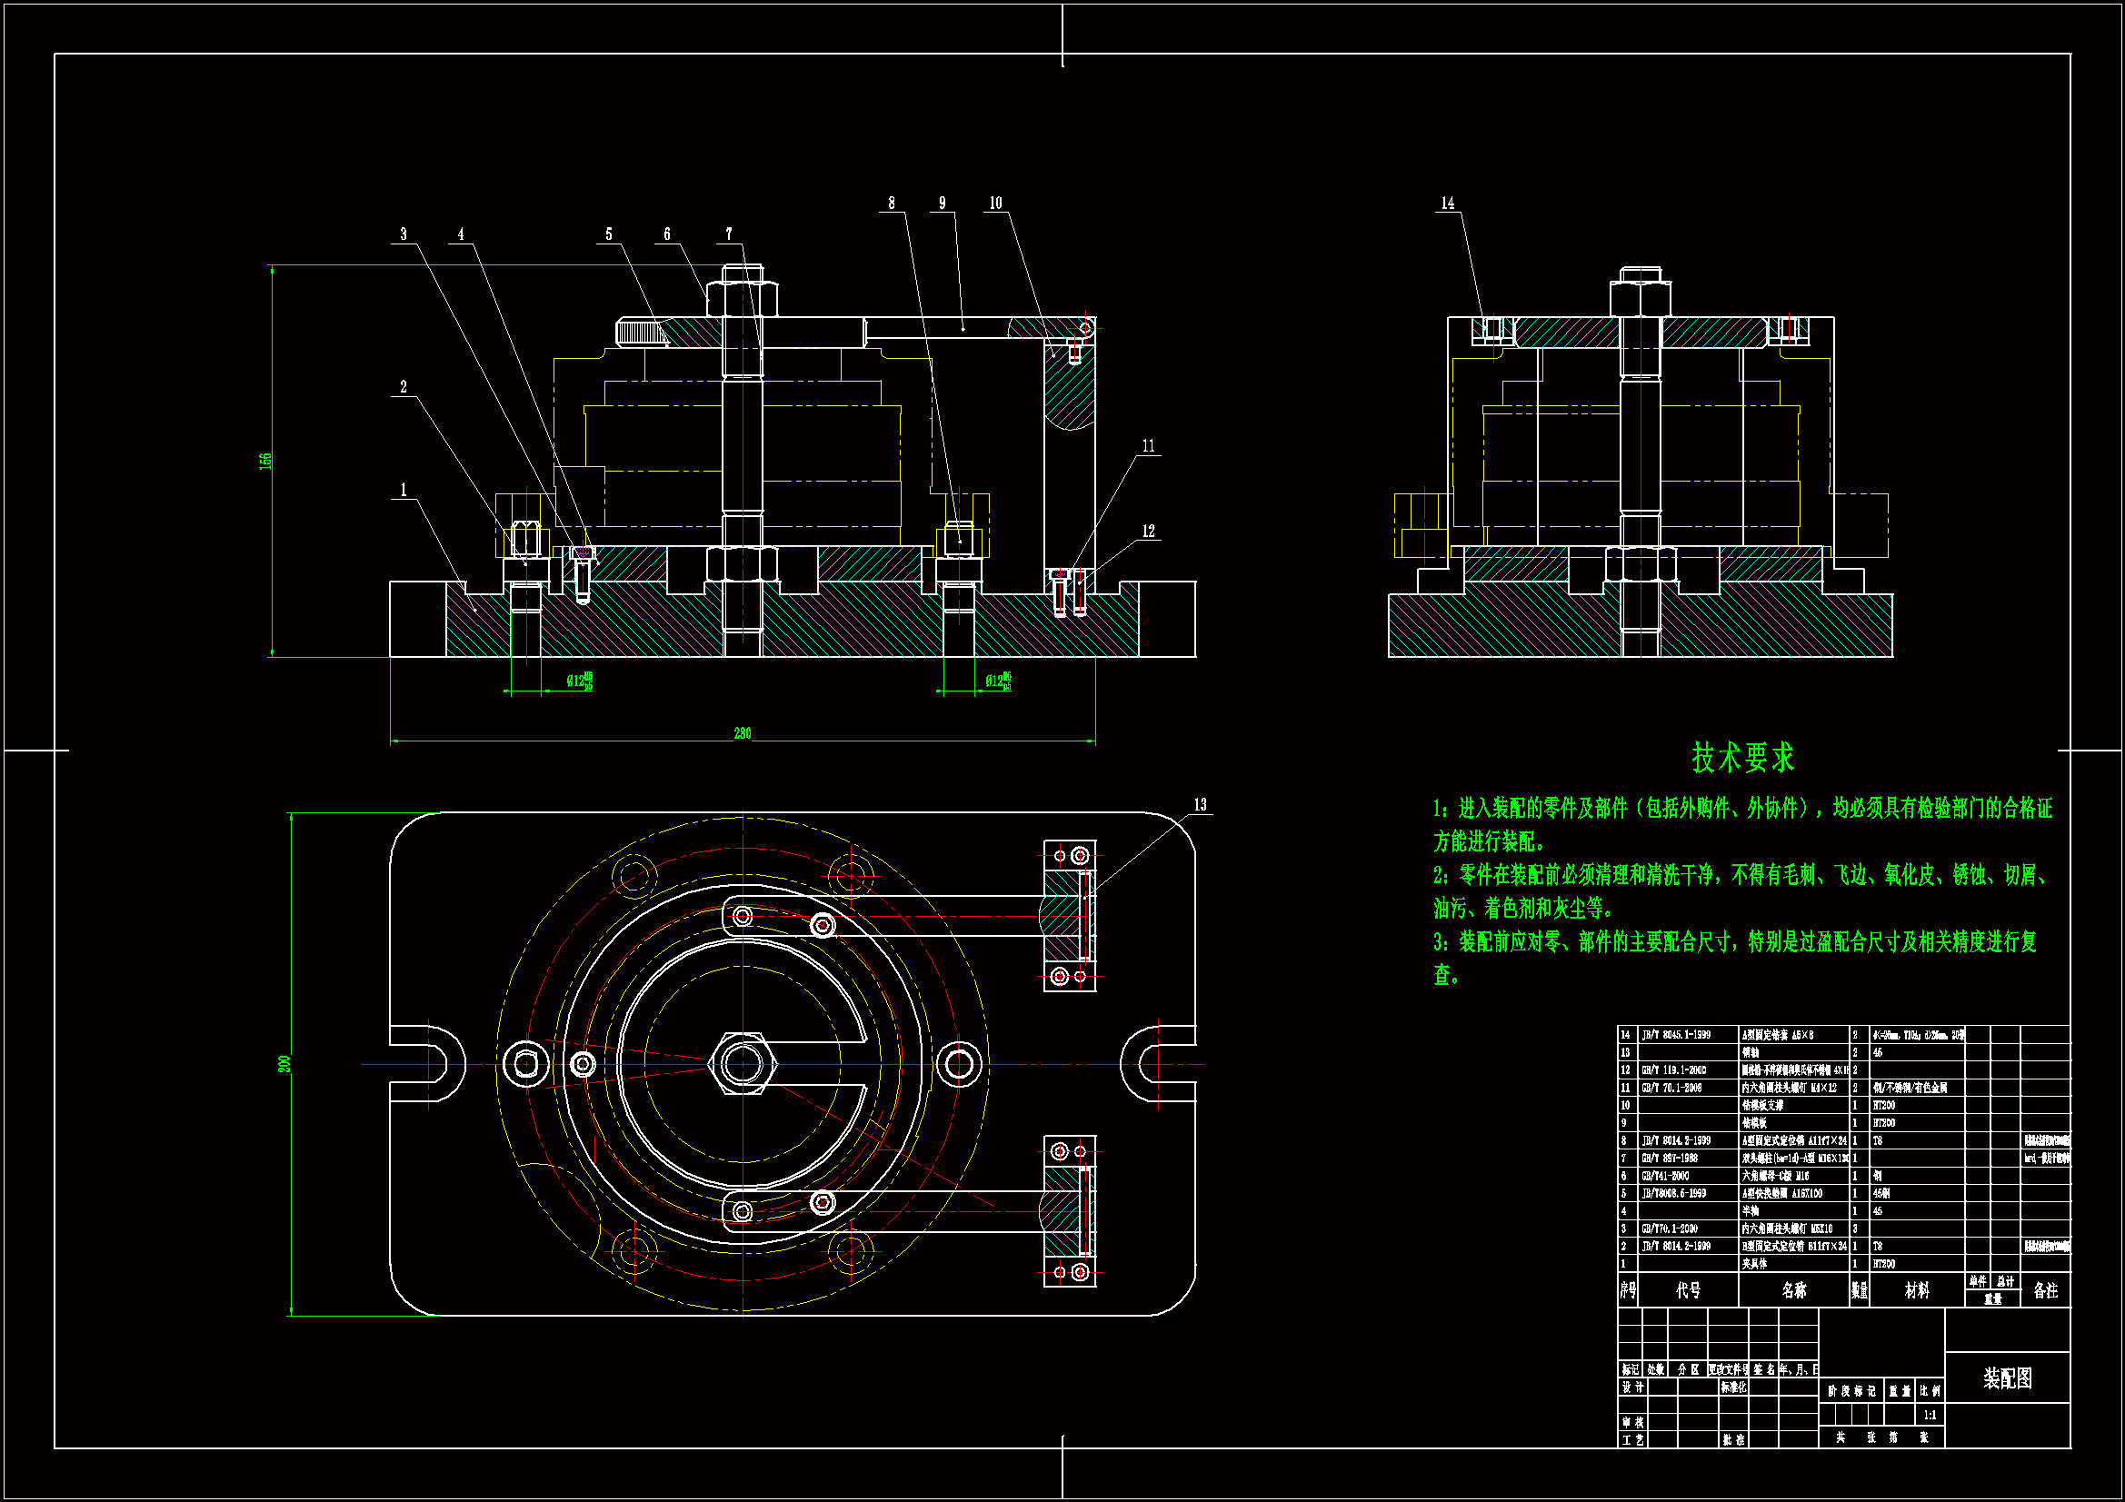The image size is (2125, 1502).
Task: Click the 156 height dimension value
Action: tap(265, 460)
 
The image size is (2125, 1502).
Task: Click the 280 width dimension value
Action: tap(743, 733)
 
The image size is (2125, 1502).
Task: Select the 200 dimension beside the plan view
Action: tap(284, 1064)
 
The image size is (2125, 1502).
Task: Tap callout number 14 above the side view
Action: tap(1448, 204)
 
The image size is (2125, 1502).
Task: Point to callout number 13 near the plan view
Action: tap(1201, 805)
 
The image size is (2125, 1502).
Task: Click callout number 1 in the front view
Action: tap(404, 491)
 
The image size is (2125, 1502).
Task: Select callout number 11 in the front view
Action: tap(1149, 446)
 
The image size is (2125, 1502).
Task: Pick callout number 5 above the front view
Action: tap(609, 234)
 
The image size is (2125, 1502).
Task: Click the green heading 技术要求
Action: tap(1742, 758)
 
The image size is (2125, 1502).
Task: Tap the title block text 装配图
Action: tap(2008, 1379)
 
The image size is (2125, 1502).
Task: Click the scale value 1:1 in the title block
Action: tap(1930, 1415)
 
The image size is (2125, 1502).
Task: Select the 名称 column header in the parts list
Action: tap(1793, 1290)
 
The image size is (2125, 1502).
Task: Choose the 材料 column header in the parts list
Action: tap(1917, 1290)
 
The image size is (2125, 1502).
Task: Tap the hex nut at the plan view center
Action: tap(743, 1064)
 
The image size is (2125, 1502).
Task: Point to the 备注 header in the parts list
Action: tap(2045, 1290)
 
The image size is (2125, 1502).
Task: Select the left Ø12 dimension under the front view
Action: tap(579, 682)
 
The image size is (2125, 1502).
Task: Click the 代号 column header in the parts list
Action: tap(1688, 1290)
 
